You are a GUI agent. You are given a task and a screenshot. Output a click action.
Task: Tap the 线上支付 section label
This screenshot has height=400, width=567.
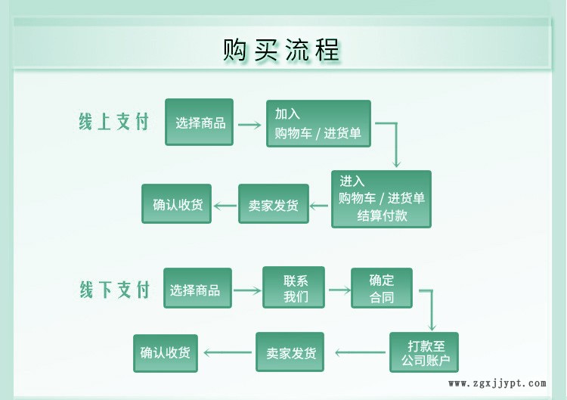pos(114,122)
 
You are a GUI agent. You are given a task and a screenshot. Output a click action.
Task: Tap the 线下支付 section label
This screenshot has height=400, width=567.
pos(115,289)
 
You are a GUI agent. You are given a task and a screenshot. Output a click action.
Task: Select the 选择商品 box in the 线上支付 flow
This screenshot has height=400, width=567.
pos(200,122)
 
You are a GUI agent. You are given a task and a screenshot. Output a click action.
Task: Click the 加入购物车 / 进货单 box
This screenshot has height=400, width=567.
pos(318,123)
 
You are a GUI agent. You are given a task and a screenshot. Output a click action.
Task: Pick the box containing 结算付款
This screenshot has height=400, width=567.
pos(381,199)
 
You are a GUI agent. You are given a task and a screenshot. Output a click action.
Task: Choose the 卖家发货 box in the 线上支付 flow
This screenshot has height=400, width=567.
pos(274,204)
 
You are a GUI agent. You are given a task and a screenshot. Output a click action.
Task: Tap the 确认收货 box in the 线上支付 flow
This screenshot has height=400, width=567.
pos(177,204)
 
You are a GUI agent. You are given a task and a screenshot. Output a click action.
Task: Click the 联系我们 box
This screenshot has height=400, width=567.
pos(293,287)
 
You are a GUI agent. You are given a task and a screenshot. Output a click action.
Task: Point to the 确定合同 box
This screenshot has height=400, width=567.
pos(382,287)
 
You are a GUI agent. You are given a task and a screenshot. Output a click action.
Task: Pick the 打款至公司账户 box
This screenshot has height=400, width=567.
pos(424,352)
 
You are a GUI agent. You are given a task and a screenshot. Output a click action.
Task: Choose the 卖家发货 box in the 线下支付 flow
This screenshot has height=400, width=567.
pos(290,352)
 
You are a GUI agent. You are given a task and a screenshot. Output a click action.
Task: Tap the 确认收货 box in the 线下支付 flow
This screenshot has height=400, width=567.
pos(166,353)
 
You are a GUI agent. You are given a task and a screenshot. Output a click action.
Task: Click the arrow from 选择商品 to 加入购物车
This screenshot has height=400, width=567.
pos(249,122)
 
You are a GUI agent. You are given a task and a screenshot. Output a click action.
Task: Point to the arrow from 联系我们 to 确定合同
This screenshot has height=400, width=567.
pos(338,290)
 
